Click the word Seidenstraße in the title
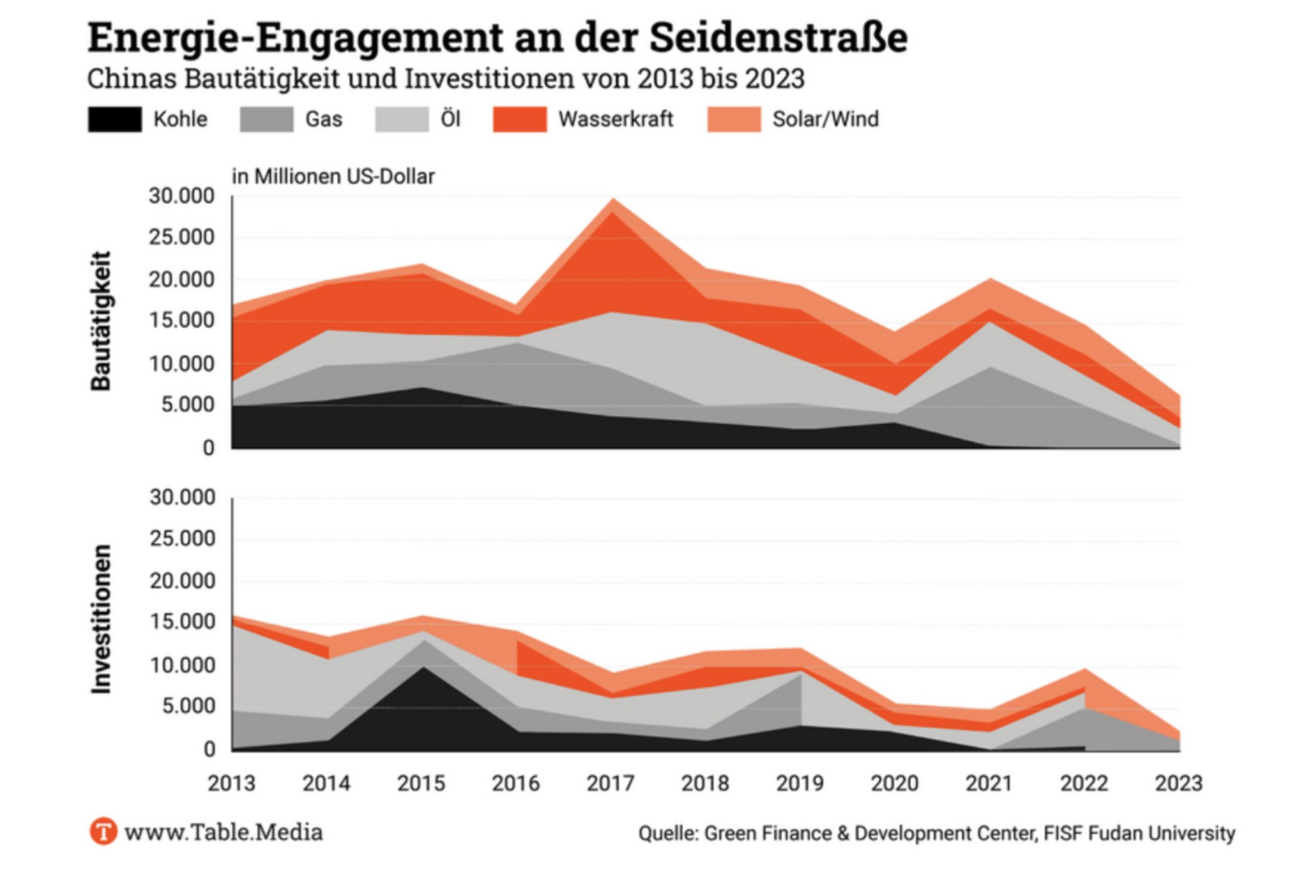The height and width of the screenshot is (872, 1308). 778,38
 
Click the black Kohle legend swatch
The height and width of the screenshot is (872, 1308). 115,119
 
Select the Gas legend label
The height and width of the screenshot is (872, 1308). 324,119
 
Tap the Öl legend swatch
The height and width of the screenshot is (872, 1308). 402,119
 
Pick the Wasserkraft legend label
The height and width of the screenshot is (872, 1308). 616,119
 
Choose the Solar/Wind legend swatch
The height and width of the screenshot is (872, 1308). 734,119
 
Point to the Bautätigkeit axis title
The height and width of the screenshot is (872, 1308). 102,321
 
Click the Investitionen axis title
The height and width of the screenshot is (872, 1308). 102,619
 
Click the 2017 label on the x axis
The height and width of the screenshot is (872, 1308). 611,783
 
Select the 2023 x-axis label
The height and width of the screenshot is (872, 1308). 1178,783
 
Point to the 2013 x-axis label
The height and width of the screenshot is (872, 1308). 231,783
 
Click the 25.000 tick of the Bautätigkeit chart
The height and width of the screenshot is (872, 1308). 182,238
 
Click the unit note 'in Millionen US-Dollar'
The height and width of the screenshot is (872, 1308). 333,176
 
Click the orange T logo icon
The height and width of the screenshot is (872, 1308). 103,832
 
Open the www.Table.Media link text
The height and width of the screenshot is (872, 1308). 224,832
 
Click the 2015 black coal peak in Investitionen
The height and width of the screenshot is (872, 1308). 422,671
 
